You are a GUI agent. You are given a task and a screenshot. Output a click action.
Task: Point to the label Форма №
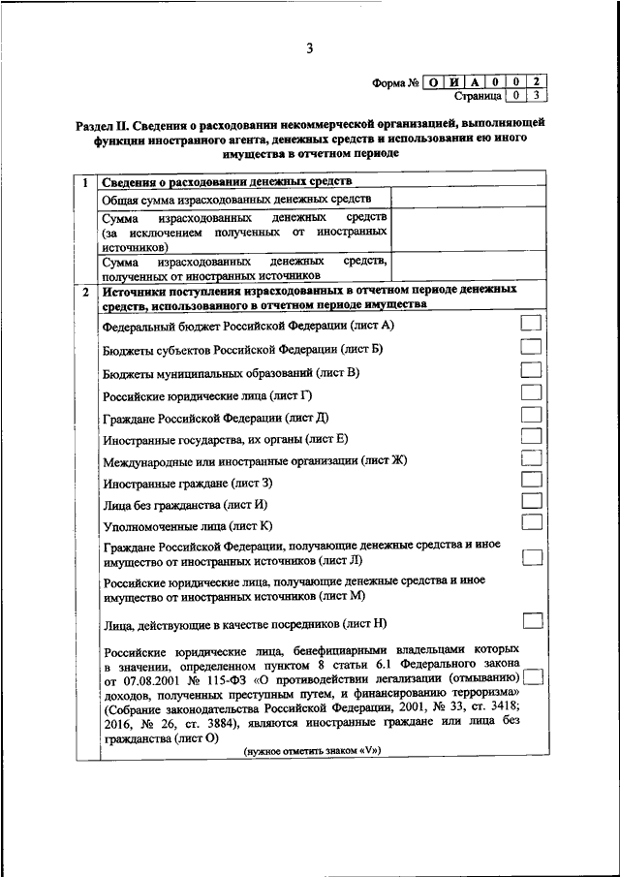[x=394, y=83]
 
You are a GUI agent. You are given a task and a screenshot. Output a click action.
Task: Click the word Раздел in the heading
[x=95, y=125]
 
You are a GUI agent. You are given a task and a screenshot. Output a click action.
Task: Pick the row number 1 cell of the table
[x=85, y=182]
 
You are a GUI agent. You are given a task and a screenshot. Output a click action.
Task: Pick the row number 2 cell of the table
[x=85, y=290]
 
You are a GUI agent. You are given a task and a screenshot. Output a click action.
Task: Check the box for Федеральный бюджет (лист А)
[x=531, y=323]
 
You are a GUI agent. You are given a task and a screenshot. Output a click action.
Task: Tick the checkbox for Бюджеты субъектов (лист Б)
[x=531, y=346]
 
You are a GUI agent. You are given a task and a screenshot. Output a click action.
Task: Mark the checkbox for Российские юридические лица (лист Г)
[x=531, y=392]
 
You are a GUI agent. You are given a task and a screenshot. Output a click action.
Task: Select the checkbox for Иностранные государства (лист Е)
[x=531, y=437]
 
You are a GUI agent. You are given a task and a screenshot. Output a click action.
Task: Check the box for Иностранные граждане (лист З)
[x=531, y=480]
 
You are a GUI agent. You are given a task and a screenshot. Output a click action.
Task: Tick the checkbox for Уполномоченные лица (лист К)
[x=531, y=523]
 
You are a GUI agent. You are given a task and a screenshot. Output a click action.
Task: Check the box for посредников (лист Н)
[x=532, y=620]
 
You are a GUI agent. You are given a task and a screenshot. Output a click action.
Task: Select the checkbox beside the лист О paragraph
[x=532, y=677]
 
